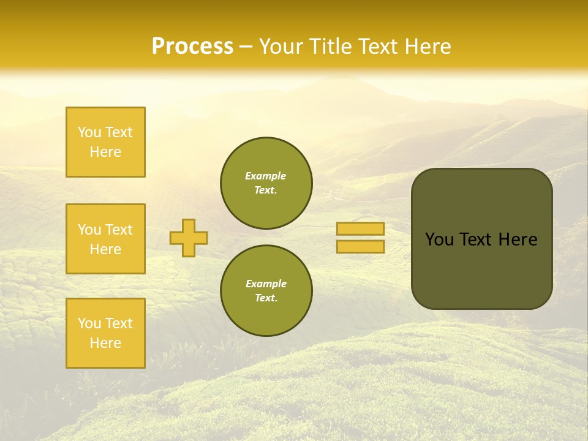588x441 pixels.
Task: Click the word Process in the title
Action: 192,47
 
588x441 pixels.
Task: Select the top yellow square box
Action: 105,142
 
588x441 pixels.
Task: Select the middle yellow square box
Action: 105,239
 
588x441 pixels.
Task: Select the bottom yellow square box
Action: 105,333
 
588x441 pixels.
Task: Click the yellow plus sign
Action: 189,238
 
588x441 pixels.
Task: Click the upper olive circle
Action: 266,183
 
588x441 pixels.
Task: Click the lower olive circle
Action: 266,290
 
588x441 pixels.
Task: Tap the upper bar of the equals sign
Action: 361,229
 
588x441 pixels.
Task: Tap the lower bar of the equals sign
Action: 361,247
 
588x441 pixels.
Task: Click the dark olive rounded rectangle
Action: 481,269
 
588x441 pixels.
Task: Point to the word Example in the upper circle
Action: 266,176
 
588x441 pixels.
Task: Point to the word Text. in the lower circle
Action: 266,298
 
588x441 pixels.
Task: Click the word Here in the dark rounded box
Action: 518,239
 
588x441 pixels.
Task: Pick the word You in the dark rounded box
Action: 439,239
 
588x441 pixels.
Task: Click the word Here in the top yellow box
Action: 105,152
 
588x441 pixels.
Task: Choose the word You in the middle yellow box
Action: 89,230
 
